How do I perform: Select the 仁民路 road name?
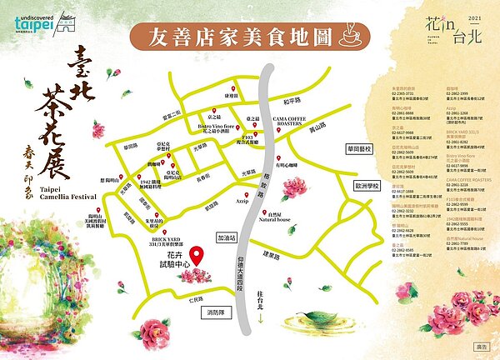click(x=171, y=297)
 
